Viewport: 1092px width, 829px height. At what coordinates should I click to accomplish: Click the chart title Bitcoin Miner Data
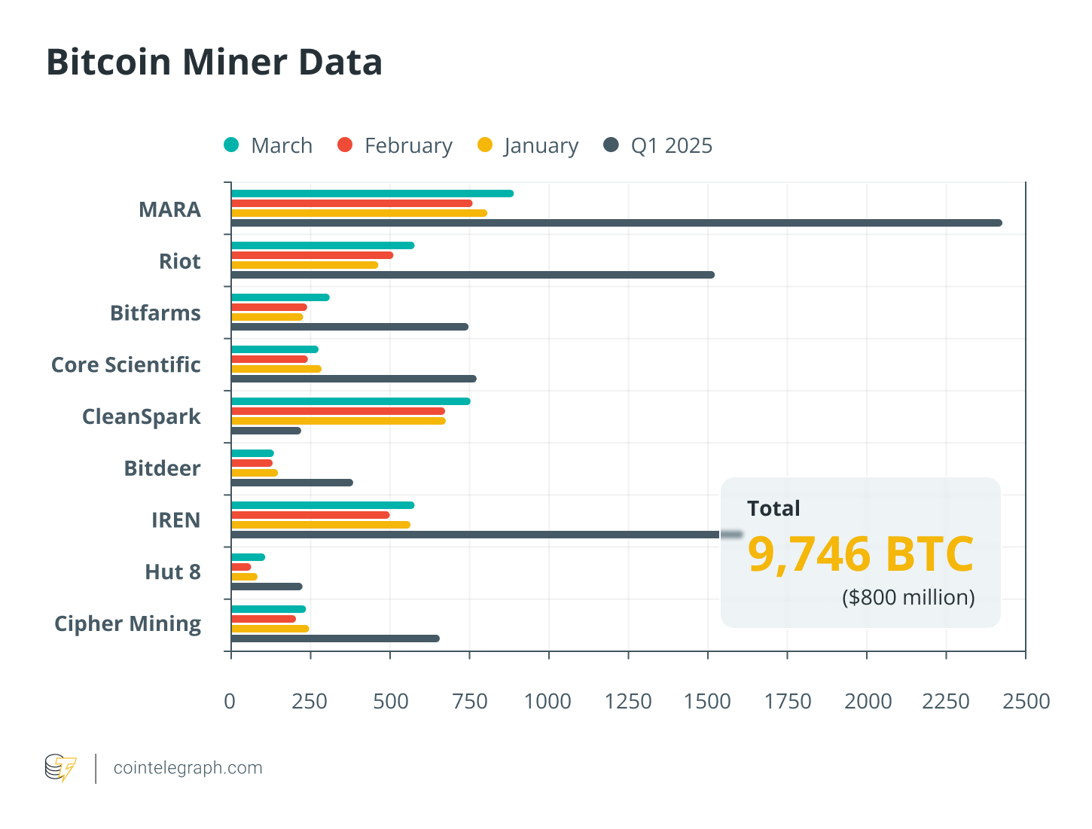pos(215,62)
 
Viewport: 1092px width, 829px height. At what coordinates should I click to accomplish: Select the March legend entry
pos(268,145)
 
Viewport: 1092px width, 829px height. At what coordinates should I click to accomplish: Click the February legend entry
pos(395,145)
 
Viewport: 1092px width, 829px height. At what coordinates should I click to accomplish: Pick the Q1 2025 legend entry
pos(658,145)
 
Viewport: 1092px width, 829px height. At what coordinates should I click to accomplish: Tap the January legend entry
pos(528,145)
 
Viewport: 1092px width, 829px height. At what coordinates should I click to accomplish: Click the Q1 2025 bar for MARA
pos(616,223)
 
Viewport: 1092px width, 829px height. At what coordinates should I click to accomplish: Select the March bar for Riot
pos(322,245)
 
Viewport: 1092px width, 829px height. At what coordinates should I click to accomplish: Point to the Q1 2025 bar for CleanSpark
pos(266,431)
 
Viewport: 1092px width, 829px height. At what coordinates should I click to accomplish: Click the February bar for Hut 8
pos(241,567)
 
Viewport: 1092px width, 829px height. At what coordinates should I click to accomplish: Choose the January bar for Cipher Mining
pos(270,629)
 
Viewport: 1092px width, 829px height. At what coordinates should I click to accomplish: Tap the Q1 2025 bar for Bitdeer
pos(291,483)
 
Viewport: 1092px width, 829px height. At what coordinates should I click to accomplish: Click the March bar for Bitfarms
pos(280,297)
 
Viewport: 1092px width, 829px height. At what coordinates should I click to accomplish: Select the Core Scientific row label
pos(126,364)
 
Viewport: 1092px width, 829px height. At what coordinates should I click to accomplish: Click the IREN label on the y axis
pos(175,520)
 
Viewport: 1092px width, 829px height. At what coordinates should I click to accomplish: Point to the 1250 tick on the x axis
pos(628,701)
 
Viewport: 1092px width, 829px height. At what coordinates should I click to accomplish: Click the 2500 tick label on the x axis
pos(1026,701)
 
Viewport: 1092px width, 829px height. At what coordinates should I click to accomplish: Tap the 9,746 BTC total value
pos(860,554)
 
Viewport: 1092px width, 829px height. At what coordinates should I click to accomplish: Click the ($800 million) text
pos(908,597)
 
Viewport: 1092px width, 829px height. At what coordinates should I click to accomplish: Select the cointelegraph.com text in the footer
pos(188,768)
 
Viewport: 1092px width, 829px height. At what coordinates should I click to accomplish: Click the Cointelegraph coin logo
pos(60,768)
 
